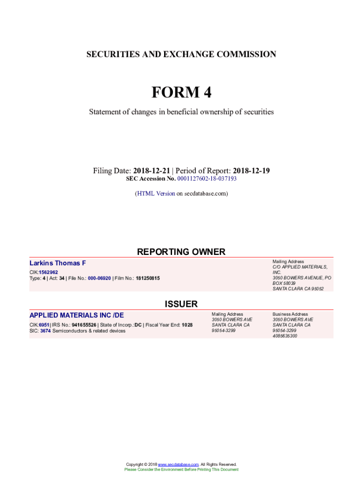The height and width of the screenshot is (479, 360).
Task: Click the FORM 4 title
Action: point(181,93)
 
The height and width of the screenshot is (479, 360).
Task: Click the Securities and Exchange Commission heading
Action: point(181,54)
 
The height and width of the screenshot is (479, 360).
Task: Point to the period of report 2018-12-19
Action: point(251,171)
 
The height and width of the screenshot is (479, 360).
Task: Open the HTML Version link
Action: point(156,193)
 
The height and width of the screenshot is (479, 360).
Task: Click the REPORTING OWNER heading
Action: point(181,252)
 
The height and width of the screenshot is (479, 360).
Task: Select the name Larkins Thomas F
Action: point(58,263)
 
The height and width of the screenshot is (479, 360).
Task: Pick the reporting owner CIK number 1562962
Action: point(49,272)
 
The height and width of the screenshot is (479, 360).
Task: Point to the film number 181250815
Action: point(148,278)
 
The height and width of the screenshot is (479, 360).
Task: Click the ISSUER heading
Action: point(181,304)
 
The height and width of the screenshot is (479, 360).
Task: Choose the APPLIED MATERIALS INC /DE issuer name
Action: point(77,315)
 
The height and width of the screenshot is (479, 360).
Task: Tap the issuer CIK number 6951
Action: point(44,325)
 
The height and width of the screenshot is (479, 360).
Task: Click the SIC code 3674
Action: point(45,331)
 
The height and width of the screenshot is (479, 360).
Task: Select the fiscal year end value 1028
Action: point(187,325)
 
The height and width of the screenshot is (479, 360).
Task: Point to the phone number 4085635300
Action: point(285,336)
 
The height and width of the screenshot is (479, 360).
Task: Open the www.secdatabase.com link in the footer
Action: point(179,464)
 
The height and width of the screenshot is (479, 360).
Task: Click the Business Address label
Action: point(290,314)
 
